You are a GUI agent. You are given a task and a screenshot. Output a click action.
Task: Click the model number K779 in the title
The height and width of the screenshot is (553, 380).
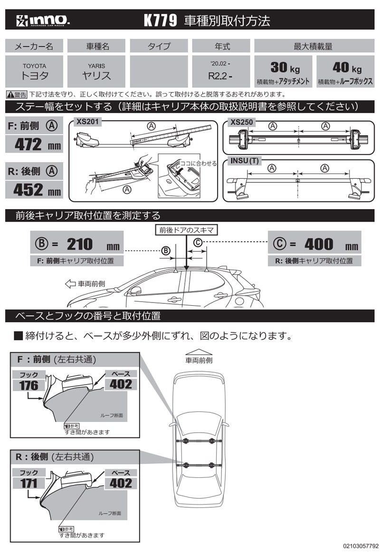pyautogui.click(x=160, y=20)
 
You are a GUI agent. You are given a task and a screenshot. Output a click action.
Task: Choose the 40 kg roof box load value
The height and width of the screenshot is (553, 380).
pyautogui.click(x=344, y=67)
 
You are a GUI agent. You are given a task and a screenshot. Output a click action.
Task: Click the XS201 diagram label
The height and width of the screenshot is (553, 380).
pyautogui.click(x=87, y=122)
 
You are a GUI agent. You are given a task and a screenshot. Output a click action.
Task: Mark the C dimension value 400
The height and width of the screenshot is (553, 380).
pyautogui.click(x=319, y=244)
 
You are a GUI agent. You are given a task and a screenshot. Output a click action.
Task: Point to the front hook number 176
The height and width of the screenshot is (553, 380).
pyautogui.click(x=28, y=385)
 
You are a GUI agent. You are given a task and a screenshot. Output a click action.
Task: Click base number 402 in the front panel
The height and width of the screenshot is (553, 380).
pyautogui.click(x=121, y=384)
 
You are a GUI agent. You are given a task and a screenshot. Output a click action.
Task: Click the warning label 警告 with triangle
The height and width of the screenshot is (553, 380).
pyautogui.click(x=17, y=94)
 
